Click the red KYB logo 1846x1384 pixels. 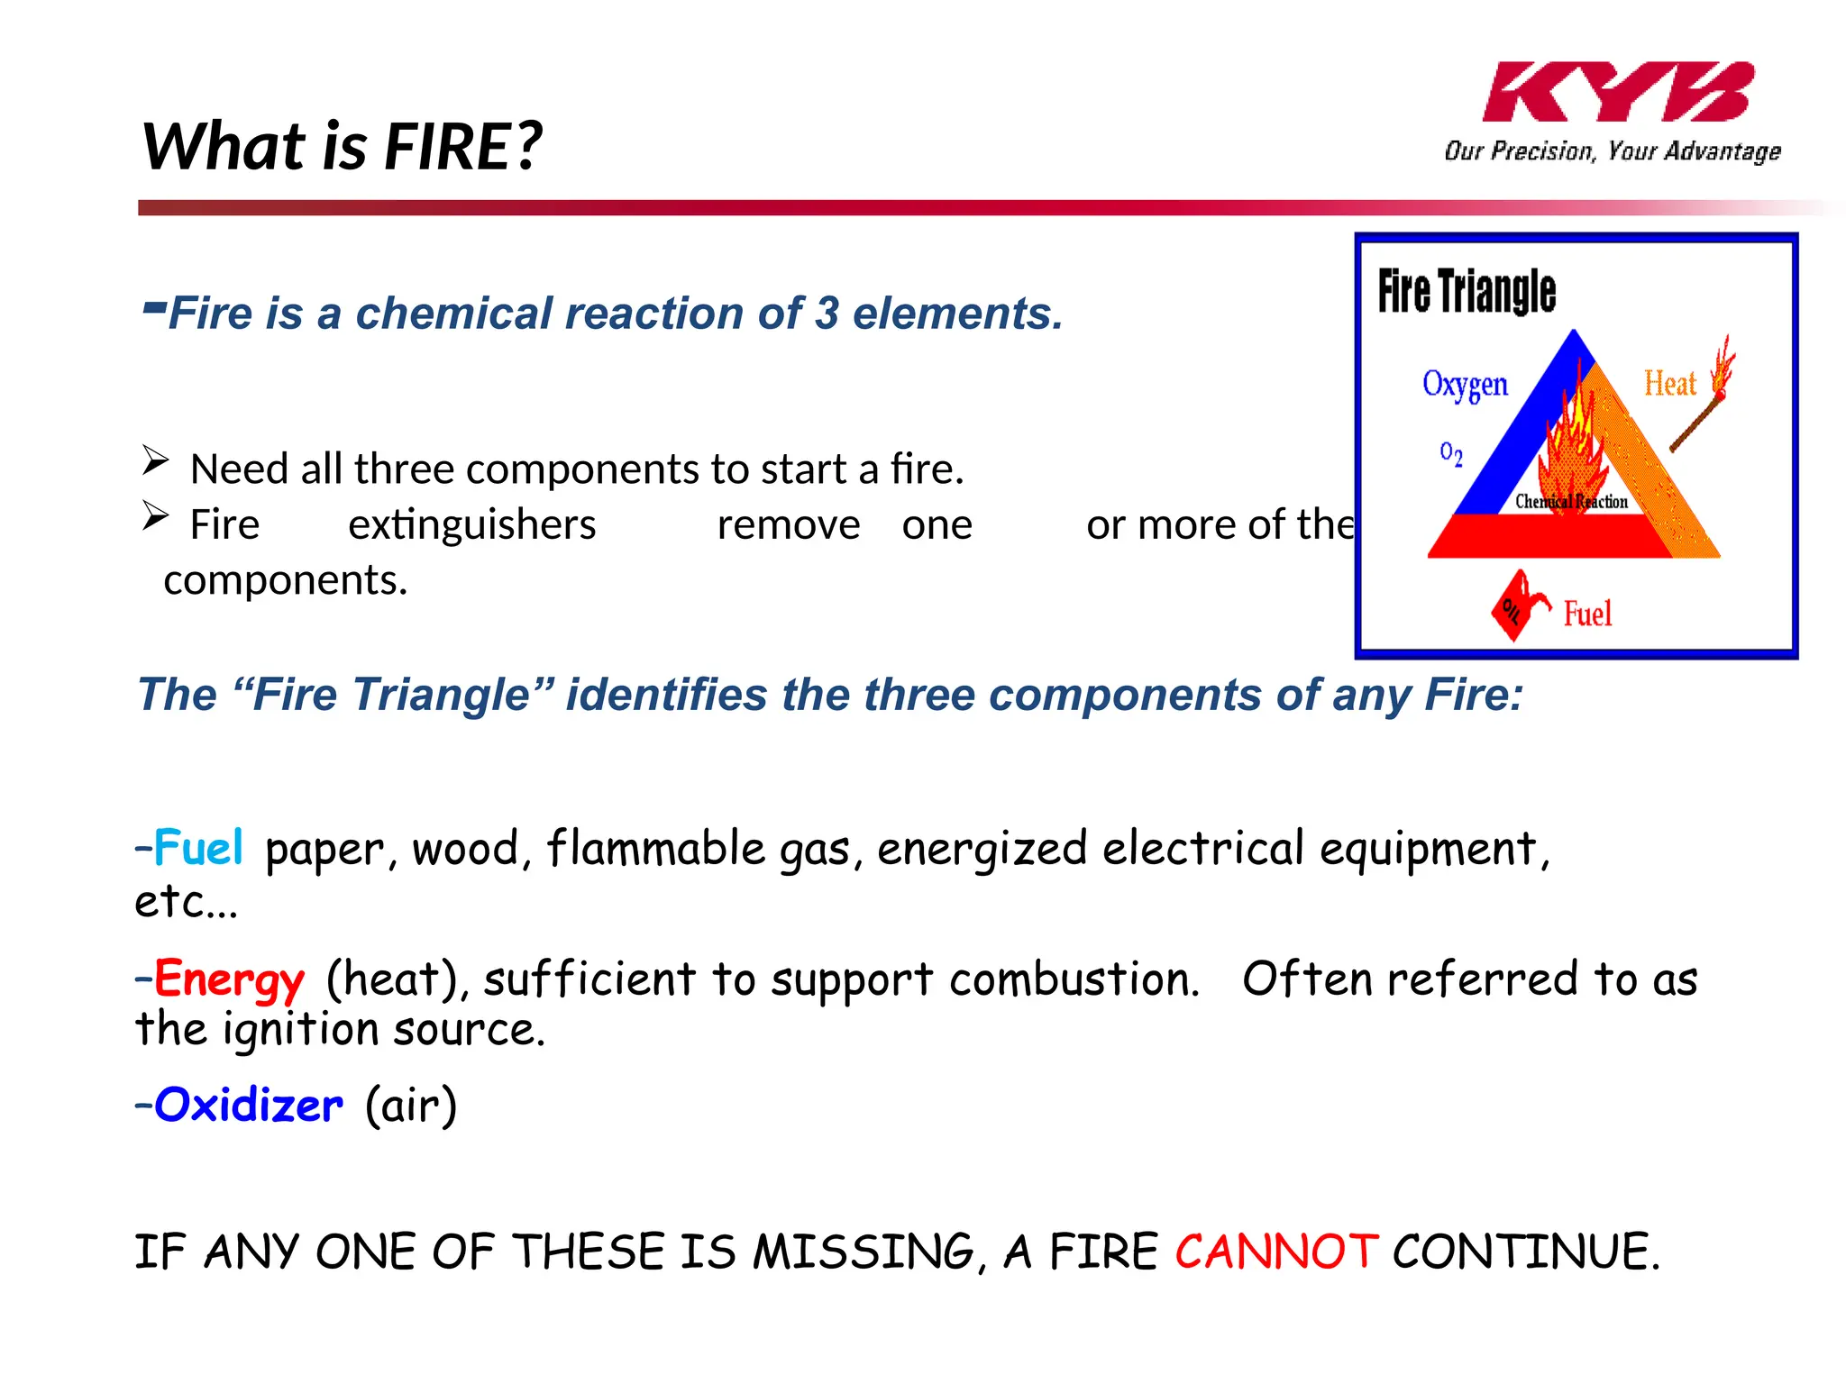click(1617, 92)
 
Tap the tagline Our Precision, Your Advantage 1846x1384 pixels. click(1612, 150)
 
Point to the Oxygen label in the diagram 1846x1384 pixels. click(1465, 385)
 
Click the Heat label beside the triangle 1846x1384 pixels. click(1669, 384)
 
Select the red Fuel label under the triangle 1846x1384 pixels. click(1587, 615)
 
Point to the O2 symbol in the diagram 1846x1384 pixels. click(1450, 453)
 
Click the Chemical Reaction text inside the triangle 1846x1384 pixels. click(1571, 502)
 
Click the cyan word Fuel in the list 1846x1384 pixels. click(197, 848)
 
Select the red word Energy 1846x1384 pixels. click(229, 979)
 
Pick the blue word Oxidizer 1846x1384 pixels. click(248, 1106)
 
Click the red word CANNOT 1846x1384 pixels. click(1275, 1252)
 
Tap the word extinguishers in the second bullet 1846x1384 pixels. click(471, 524)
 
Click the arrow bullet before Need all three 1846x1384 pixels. click(155, 460)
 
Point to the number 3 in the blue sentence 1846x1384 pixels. click(827, 314)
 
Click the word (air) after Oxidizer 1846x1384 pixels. click(411, 1106)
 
